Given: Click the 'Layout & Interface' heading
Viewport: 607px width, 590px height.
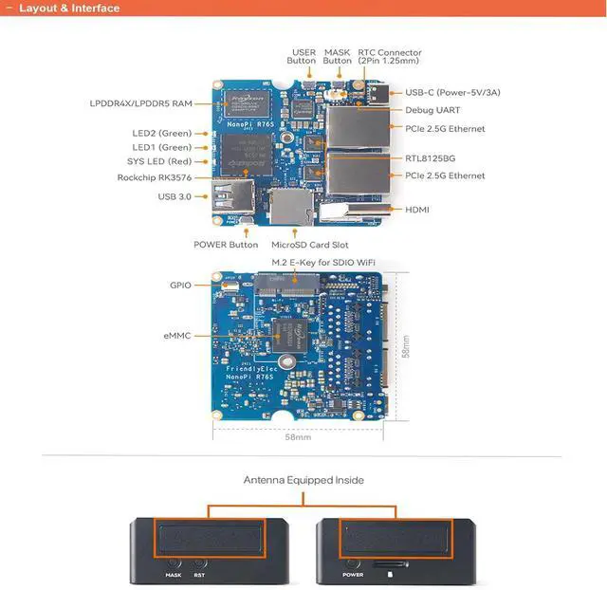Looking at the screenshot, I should point(69,9).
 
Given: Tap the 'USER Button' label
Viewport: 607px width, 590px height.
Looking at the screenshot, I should point(303,57).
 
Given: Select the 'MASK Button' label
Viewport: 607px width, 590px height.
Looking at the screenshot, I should point(338,57).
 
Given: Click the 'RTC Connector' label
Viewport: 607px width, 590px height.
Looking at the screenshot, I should point(390,57).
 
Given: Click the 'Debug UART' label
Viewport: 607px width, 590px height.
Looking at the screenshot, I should point(432,110).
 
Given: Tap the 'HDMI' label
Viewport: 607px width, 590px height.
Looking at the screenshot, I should point(418,209).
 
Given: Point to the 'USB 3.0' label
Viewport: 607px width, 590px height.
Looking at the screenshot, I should point(175,196).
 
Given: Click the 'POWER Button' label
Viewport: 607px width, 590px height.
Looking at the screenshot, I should point(226,245).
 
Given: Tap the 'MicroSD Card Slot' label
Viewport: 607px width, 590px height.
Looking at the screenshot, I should point(310,245).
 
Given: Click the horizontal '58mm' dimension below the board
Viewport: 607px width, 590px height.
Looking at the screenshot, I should point(298,437).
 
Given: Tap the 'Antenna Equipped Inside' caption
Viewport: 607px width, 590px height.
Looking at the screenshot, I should point(303,480).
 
